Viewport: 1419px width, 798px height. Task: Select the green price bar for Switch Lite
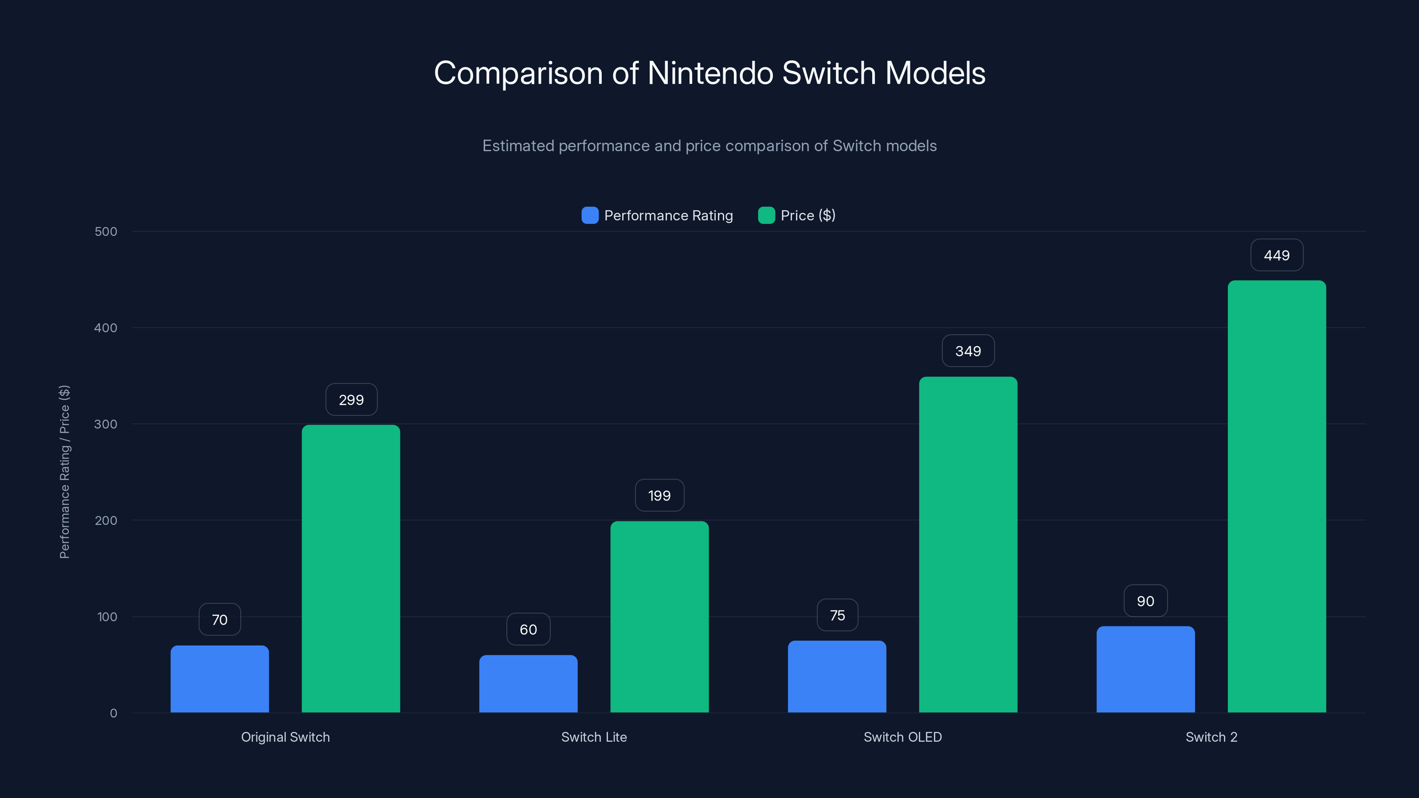coord(659,616)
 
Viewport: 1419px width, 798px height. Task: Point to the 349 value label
coord(968,351)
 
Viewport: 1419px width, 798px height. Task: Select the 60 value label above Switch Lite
coord(528,629)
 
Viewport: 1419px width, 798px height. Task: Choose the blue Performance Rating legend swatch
coord(590,215)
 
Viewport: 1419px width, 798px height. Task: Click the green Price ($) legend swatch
coord(766,215)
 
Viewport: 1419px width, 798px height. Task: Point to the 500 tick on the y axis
coord(106,231)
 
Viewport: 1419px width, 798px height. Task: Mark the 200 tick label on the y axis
coord(106,520)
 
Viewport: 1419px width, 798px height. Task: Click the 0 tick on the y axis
coord(114,713)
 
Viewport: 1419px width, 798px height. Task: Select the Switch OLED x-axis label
coord(902,737)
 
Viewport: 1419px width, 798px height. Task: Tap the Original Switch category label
coord(285,737)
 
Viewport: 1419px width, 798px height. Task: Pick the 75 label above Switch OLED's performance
coord(837,615)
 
